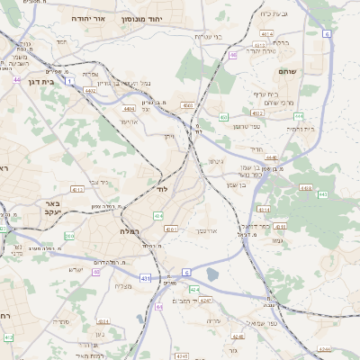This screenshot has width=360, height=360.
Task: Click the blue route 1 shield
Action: tap(69, 81)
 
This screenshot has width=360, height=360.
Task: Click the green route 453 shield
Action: tap(223, 117)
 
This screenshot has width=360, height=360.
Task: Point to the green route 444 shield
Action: tap(297, 117)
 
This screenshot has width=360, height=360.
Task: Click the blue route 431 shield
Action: tap(146, 279)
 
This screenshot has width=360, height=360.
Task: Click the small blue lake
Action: tap(212, 274)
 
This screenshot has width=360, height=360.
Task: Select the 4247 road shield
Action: tap(207, 299)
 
